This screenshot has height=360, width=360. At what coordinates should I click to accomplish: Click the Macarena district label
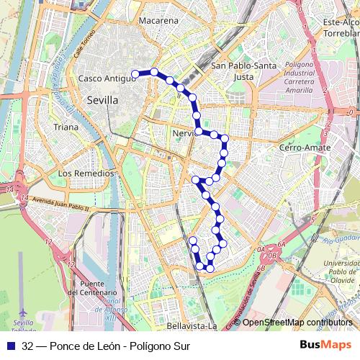158,21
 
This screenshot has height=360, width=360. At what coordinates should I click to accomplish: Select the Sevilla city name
102,101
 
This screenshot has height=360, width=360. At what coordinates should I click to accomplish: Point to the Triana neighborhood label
66,127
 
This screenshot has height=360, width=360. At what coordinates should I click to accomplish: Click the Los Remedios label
86,174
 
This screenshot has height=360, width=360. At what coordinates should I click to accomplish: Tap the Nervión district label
184,133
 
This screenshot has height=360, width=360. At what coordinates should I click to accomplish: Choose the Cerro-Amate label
305,148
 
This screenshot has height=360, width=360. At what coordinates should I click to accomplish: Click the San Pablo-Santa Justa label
244,71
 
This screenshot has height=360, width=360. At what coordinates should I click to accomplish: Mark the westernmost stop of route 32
135,73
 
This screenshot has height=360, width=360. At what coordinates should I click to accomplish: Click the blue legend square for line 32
9,346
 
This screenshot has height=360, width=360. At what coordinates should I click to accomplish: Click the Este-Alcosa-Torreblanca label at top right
341,28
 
